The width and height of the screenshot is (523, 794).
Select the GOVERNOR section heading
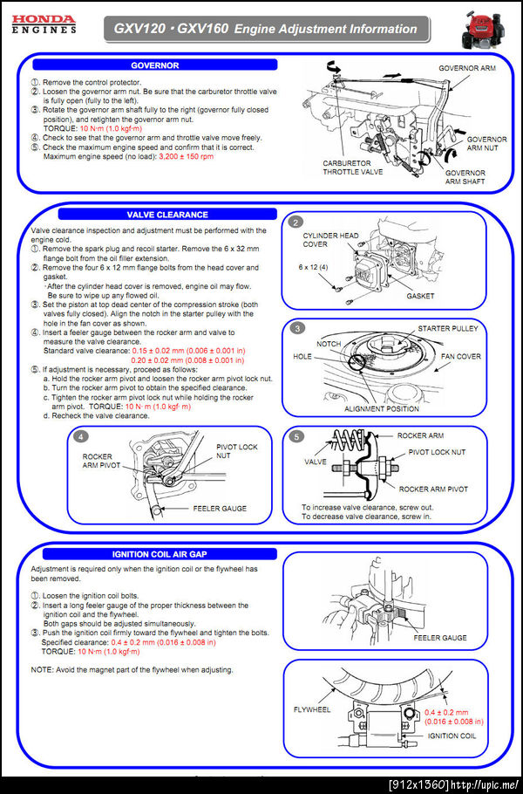[x=154, y=65]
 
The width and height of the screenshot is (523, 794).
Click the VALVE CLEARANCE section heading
[x=166, y=214]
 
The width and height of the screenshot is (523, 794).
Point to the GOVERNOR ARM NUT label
[x=486, y=144]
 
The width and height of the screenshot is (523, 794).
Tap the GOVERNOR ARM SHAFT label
[x=465, y=177]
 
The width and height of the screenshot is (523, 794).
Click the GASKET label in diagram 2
[x=420, y=296]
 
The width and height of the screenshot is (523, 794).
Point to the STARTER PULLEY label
[x=447, y=328]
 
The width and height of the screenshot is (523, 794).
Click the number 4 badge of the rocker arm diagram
[x=80, y=435]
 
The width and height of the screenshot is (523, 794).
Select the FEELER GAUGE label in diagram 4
[x=220, y=508]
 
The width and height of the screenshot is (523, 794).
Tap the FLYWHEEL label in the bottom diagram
[x=312, y=709]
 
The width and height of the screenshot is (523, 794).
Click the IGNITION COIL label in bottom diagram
[x=452, y=736]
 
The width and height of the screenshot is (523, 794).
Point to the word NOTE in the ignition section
[x=42, y=669]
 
